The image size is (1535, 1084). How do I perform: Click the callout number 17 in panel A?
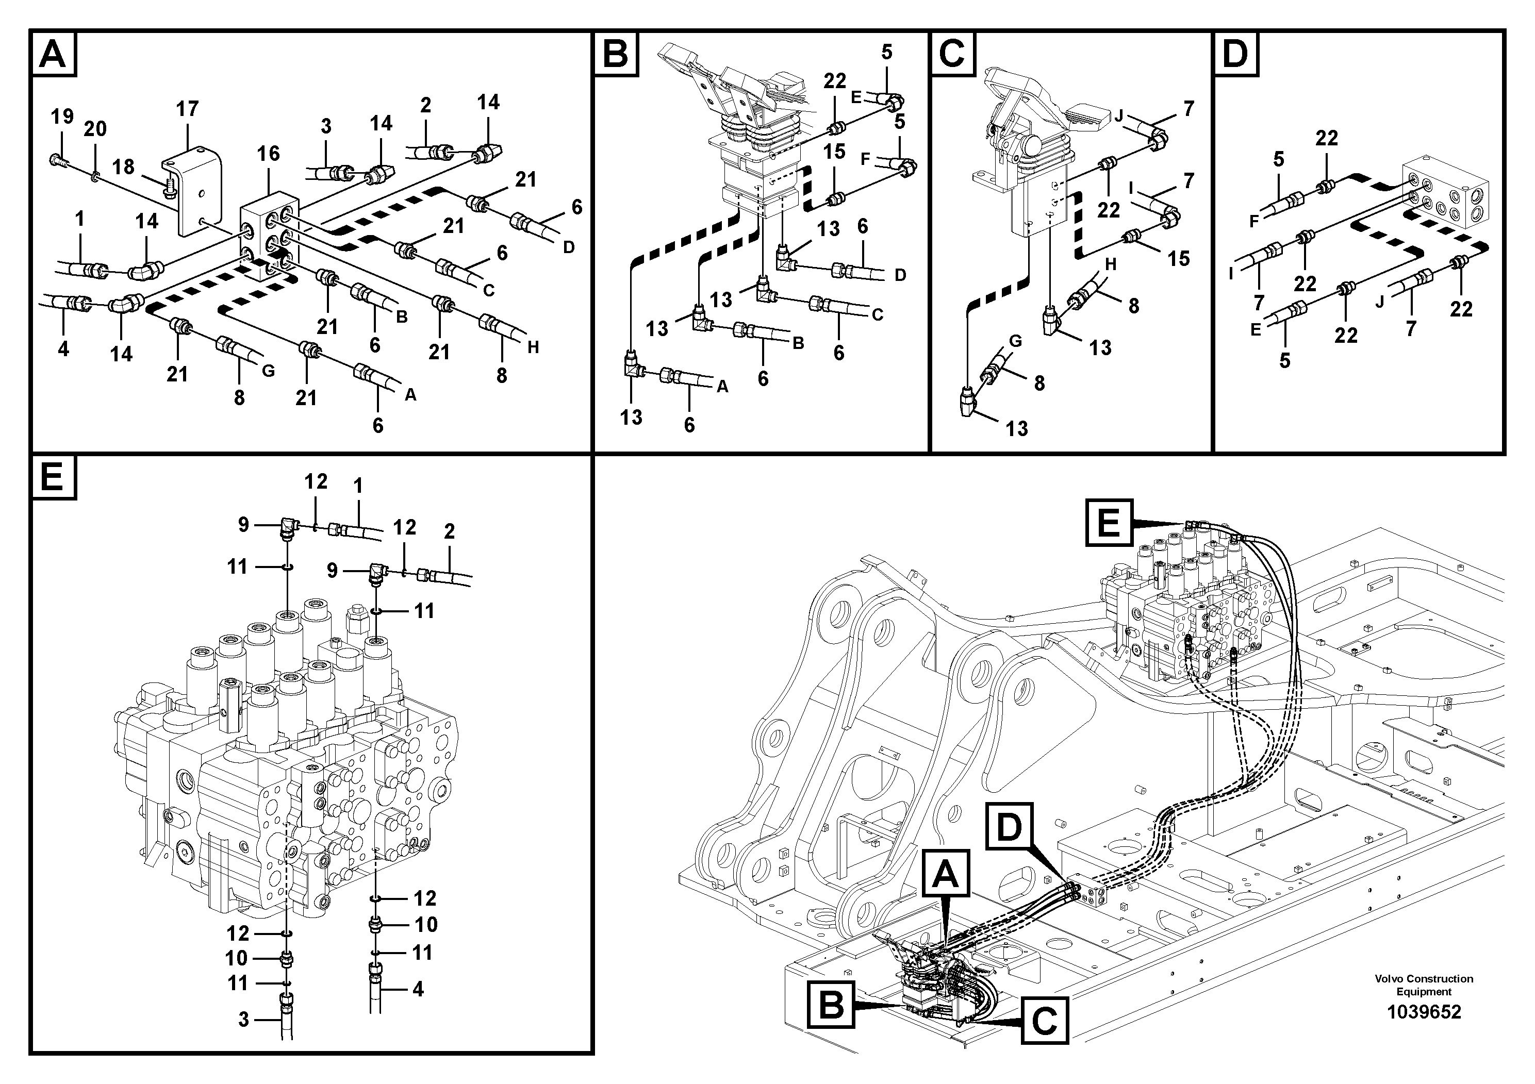pyautogui.click(x=187, y=109)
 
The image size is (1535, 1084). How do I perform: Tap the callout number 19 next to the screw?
pyautogui.click(x=62, y=117)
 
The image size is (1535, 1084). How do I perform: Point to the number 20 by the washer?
pyautogui.click(x=95, y=129)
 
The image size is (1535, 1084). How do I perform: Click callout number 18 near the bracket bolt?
pyautogui.click(x=124, y=166)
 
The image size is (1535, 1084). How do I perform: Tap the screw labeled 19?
pyautogui.click(x=56, y=160)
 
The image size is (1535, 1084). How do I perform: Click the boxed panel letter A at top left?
pyautogui.click(x=53, y=54)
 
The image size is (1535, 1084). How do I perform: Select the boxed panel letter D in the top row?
pyautogui.click(x=1235, y=54)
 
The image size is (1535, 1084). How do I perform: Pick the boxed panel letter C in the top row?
pyautogui.click(x=952, y=54)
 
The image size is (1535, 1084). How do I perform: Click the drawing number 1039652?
pyautogui.click(x=1424, y=1012)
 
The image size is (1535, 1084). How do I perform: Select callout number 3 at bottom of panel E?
pyautogui.click(x=243, y=1019)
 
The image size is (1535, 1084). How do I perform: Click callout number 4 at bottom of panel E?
pyautogui.click(x=418, y=989)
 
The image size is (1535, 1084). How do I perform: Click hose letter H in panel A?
pyautogui.click(x=533, y=347)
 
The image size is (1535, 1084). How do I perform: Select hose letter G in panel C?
pyautogui.click(x=1015, y=341)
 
